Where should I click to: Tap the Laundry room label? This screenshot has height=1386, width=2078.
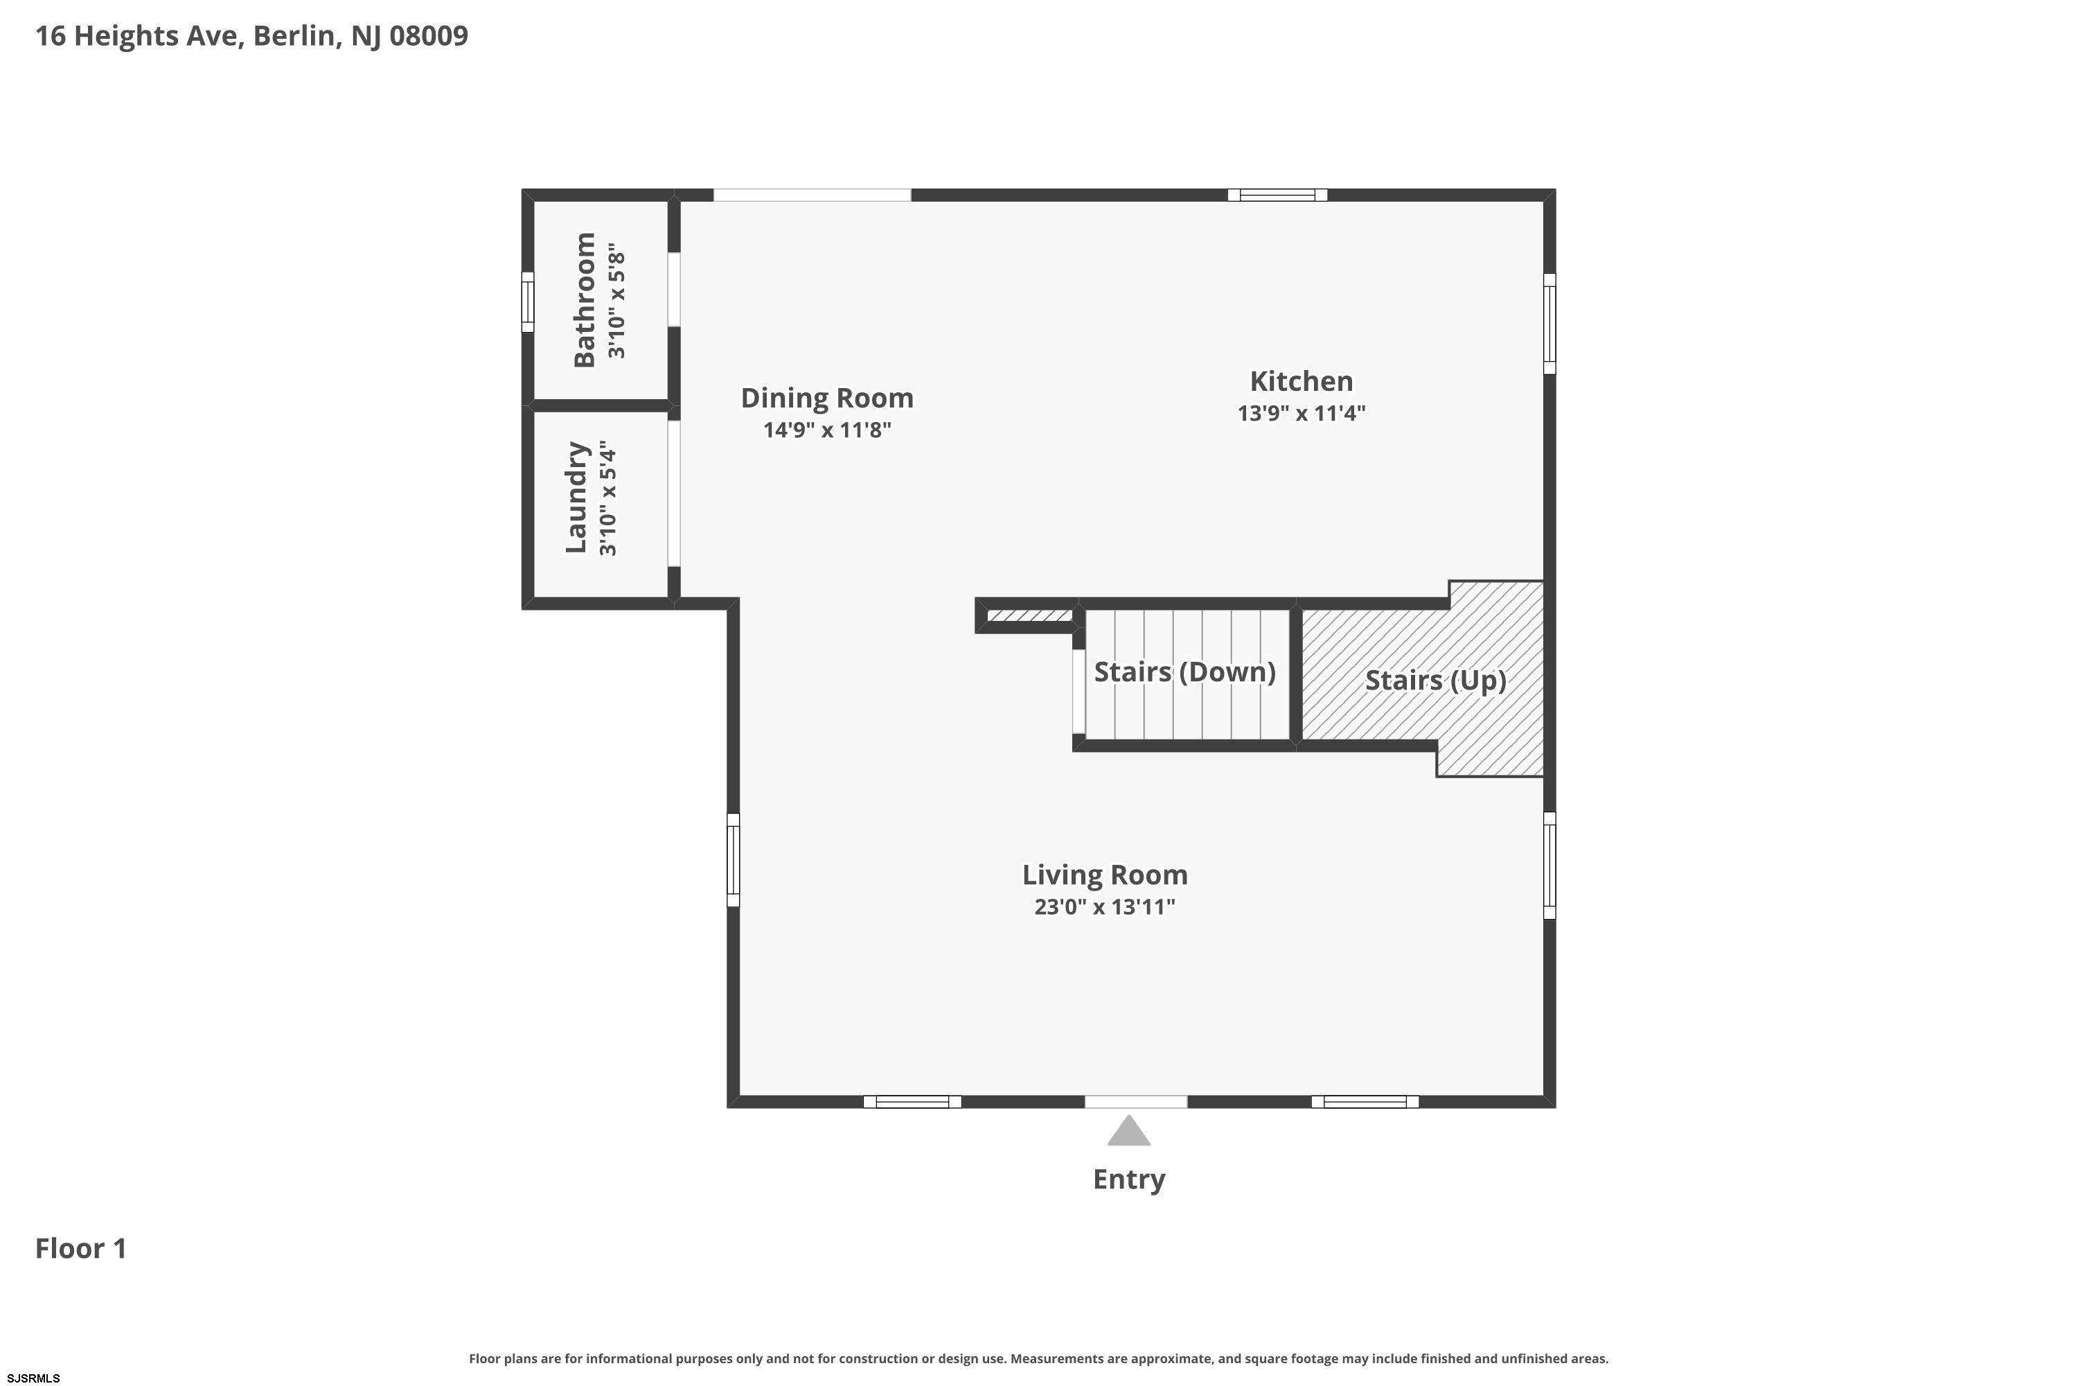[576, 498]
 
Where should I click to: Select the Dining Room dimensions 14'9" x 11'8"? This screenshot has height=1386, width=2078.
[827, 430]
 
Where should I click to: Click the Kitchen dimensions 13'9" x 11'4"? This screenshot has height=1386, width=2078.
[1301, 414]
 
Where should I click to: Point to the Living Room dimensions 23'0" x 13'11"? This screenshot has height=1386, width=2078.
[1104, 907]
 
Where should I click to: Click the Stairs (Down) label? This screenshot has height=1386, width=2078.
[1184, 672]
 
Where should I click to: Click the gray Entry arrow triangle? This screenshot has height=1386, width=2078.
[1128, 1132]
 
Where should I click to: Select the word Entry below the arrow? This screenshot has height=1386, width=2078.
[1128, 1179]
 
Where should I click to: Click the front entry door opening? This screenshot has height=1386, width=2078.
[1135, 1101]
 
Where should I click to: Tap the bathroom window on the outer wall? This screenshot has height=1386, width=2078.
[527, 301]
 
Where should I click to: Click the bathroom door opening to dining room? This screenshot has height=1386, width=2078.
[673, 290]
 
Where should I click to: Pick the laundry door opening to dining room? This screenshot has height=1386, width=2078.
[673, 493]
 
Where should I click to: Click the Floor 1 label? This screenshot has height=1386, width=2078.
[80, 1248]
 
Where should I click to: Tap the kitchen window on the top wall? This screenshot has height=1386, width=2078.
[1277, 195]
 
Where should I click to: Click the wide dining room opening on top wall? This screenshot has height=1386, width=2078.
[812, 195]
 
